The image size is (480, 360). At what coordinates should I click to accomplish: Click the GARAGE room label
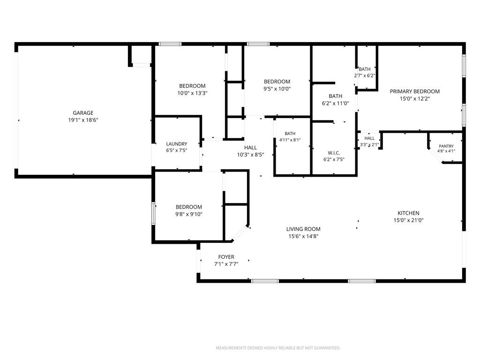(83, 113)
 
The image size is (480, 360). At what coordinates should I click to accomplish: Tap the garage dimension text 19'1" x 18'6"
(83, 120)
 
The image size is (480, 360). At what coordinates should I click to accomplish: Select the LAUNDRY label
(177, 144)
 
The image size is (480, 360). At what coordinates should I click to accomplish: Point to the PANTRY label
(446, 146)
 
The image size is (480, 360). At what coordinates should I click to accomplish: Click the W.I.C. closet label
(334, 153)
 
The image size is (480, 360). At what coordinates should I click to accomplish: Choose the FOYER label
(226, 257)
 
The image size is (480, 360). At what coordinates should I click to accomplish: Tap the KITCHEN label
(408, 213)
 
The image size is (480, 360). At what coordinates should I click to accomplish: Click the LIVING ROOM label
(303, 229)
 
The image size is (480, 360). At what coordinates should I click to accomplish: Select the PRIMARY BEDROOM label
(414, 91)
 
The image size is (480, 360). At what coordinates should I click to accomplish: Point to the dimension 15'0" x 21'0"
(408, 220)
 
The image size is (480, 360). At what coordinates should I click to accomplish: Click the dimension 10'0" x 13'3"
(192, 93)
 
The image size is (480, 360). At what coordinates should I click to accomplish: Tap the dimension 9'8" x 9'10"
(188, 214)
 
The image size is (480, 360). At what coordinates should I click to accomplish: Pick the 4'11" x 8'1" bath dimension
(290, 140)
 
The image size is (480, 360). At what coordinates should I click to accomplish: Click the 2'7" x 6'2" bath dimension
(365, 75)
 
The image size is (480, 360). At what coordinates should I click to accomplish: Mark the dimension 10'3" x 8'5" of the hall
(250, 155)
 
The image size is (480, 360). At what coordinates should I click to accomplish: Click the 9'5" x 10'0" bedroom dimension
(277, 89)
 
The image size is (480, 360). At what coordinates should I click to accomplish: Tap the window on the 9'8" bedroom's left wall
(153, 214)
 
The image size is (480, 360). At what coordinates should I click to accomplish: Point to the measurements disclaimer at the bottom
(278, 348)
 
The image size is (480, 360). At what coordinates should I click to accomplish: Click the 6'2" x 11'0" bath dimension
(335, 104)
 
